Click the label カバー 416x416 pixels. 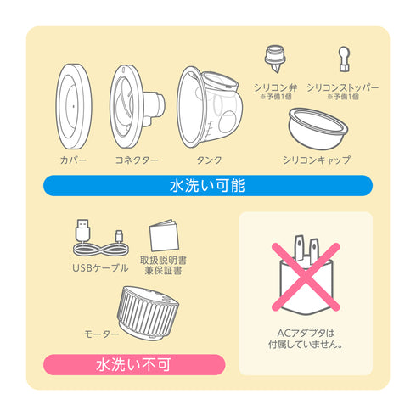75,160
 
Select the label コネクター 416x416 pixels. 137,160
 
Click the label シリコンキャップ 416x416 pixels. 316,160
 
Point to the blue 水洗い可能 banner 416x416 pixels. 208,185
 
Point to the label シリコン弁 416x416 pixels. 275,87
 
